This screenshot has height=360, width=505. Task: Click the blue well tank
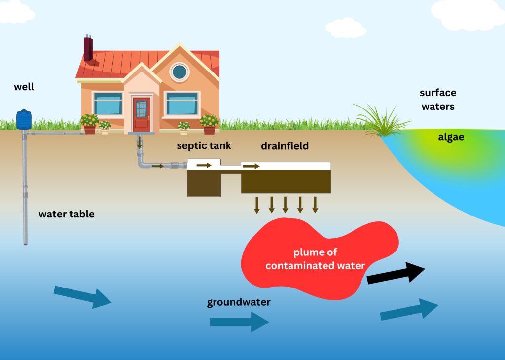[x=24, y=119]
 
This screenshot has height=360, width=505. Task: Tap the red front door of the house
[x=141, y=114]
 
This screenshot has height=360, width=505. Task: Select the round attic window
[x=180, y=72]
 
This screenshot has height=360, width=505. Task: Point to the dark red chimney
[x=88, y=48]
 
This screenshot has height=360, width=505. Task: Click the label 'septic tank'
[x=204, y=146]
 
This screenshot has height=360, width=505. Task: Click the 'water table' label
[x=67, y=214]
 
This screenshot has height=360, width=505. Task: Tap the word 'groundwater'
[x=239, y=302]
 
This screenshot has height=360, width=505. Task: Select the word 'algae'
[x=451, y=137]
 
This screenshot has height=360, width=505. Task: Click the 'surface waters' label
[x=437, y=99]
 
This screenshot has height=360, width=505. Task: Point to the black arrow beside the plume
[x=396, y=273]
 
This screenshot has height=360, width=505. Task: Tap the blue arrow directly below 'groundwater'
[x=239, y=322]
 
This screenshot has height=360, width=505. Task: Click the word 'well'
[x=24, y=87]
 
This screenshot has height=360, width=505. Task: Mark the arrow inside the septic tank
[x=204, y=165]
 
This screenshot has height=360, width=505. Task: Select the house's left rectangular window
[x=108, y=104]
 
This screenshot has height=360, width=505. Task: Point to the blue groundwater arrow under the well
[x=82, y=297]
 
